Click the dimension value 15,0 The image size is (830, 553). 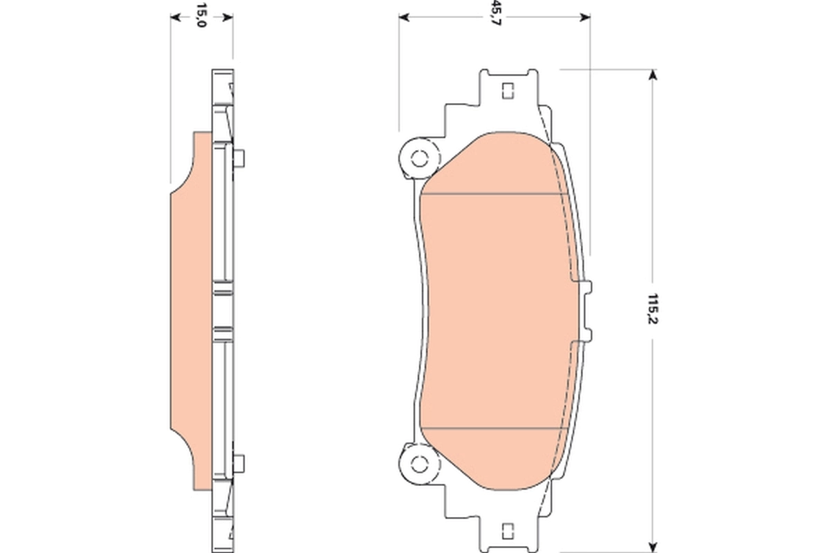coord(201,15)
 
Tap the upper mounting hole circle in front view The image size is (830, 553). coord(418,159)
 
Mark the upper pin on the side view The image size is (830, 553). coord(239,159)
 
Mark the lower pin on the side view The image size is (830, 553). coord(239,462)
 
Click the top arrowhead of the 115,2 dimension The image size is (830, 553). coord(651,74)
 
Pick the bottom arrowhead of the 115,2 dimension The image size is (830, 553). coord(651,547)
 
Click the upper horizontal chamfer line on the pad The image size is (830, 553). coord(491,194)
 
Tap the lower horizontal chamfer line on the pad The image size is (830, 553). coord(491,428)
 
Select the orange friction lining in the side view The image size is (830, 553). coord(190,311)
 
